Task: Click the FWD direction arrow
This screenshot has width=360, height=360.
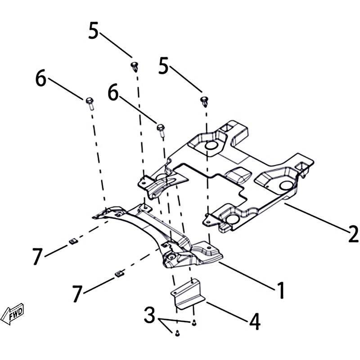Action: click(x=13, y=314)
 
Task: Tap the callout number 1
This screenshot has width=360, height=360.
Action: click(x=281, y=290)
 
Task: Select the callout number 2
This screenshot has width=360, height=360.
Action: click(x=353, y=234)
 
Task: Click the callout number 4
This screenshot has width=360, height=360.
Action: click(x=255, y=321)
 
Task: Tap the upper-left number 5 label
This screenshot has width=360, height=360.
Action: click(x=94, y=30)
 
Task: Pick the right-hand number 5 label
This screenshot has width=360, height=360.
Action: click(x=163, y=66)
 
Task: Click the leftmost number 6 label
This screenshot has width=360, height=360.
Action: click(x=41, y=78)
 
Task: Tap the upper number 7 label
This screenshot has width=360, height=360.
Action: click(x=37, y=256)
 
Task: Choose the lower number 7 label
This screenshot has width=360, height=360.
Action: click(x=77, y=293)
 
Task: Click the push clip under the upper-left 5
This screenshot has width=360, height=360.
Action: click(x=134, y=67)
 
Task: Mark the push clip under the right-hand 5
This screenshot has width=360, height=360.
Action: click(x=204, y=102)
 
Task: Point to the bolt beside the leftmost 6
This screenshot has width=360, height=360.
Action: click(x=90, y=103)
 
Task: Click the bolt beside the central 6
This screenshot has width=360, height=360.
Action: click(x=161, y=130)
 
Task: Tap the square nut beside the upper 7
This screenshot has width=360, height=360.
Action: click(x=73, y=242)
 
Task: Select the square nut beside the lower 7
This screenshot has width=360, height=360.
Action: click(x=119, y=274)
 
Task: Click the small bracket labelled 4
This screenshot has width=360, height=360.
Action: click(x=188, y=294)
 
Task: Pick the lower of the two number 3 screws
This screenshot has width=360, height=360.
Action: click(x=177, y=333)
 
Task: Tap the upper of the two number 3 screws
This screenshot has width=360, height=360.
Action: click(x=194, y=323)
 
